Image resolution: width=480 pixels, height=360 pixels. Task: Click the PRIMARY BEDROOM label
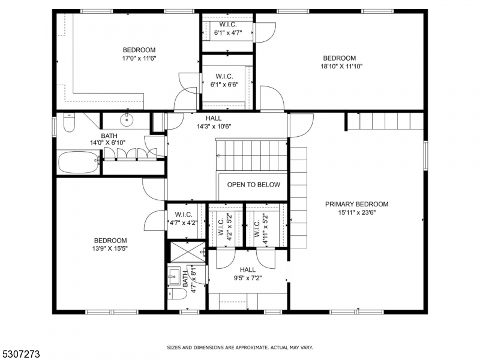(x=356, y=204)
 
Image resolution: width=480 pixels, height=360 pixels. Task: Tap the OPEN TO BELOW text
(x=253, y=185)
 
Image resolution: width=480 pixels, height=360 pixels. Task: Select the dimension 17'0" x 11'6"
(x=139, y=58)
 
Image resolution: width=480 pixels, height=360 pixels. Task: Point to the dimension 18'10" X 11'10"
(x=341, y=66)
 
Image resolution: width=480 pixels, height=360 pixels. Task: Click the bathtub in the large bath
(x=79, y=161)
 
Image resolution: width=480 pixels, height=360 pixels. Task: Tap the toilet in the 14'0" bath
(x=69, y=122)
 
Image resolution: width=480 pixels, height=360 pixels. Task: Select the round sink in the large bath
(x=126, y=119)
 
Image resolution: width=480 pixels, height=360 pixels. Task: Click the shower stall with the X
(x=188, y=251)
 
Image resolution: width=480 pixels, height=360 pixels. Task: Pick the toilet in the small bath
(x=177, y=294)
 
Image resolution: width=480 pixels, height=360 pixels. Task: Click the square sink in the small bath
(x=174, y=276)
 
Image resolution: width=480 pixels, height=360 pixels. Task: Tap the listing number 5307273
(x=20, y=354)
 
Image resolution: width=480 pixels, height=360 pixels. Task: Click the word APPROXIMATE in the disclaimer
(x=249, y=348)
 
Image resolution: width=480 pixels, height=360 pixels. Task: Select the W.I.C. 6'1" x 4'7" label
(x=228, y=28)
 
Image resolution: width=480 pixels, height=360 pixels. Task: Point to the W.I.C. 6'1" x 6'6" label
(x=224, y=80)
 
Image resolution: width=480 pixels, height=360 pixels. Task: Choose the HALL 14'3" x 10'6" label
(x=214, y=122)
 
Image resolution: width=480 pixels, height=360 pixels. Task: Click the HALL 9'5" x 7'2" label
(x=248, y=274)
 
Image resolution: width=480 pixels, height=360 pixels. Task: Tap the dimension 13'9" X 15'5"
(x=110, y=248)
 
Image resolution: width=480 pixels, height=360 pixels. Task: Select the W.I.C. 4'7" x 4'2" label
(x=184, y=219)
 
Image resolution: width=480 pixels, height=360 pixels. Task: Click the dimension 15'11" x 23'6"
(x=356, y=212)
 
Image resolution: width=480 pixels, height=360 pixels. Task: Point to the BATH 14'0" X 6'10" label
(x=108, y=139)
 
